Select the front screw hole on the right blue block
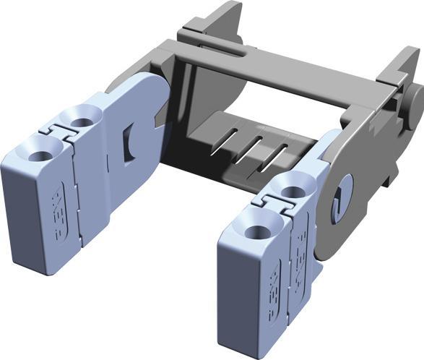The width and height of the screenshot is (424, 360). (256, 232)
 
